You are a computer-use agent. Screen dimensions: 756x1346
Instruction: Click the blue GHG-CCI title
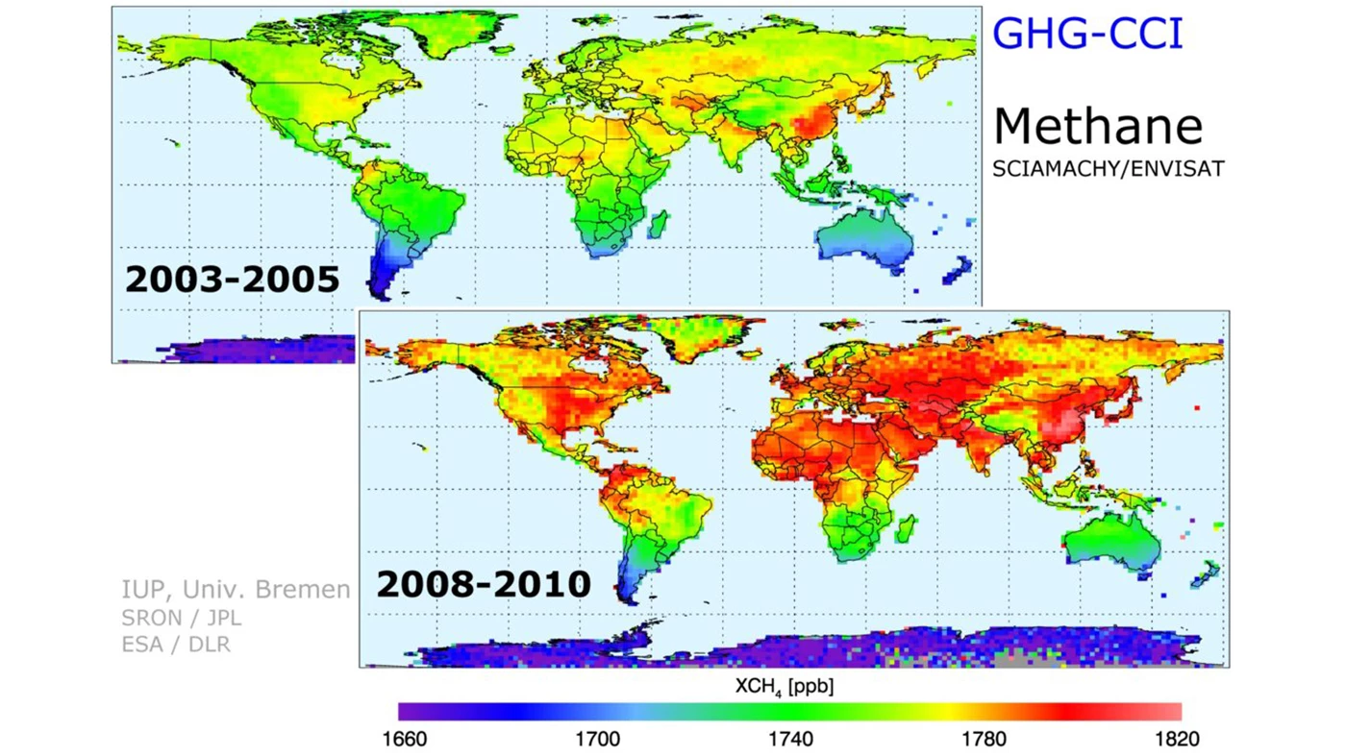pos(1086,35)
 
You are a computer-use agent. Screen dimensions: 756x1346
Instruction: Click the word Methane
pos(1097,127)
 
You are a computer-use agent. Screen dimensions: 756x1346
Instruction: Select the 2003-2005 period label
pos(232,279)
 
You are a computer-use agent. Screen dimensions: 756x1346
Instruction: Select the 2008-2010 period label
pos(483,583)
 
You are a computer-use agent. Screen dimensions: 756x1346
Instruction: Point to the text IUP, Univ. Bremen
pos(236,589)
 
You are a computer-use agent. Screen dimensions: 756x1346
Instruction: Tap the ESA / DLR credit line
pos(176,645)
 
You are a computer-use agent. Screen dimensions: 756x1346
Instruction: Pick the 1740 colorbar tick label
pos(790,741)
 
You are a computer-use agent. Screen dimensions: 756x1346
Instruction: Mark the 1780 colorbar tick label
pos(984,741)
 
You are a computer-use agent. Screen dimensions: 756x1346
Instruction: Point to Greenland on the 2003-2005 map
pos(460,35)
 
